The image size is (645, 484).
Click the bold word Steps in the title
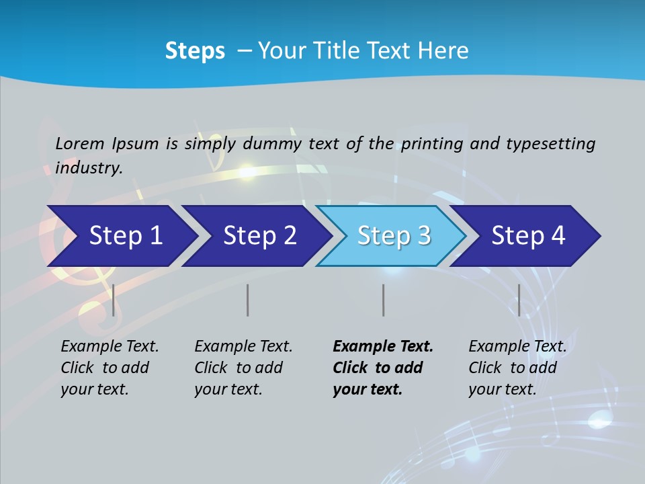pyautogui.click(x=195, y=51)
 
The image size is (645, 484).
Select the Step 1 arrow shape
pyautogui.click(x=121, y=236)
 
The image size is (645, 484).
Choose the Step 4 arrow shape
pyautogui.click(x=524, y=236)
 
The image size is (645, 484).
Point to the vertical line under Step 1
pyautogui.click(x=114, y=300)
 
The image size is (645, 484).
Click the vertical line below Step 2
pyautogui.click(x=248, y=300)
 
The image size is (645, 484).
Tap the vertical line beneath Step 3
pyautogui.click(x=383, y=300)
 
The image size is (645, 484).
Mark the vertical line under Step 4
pyautogui.click(x=519, y=300)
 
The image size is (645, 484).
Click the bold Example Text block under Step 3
pyautogui.click(x=383, y=368)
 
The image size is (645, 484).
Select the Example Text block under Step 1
pyautogui.click(x=110, y=368)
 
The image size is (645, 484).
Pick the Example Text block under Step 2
pyautogui.click(x=243, y=368)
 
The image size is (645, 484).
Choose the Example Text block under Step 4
pyautogui.click(x=517, y=368)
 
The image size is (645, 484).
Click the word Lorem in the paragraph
pyautogui.click(x=80, y=143)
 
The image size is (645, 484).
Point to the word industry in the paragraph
pyautogui.click(x=89, y=167)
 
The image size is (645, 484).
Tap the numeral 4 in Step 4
pyautogui.click(x=557, y=236)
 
